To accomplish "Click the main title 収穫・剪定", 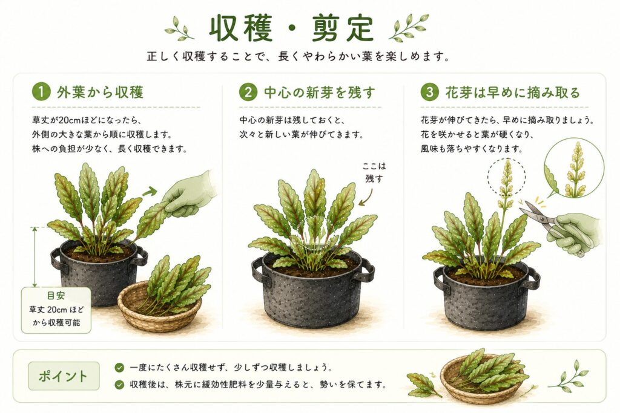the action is click(x=291, y=29).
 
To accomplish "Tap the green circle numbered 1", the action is click(x=41, y=92).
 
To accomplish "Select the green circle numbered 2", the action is click(x=248, y=92).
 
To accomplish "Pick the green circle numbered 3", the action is click(x=429, y=92).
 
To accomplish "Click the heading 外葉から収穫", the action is click(x=100, y=92).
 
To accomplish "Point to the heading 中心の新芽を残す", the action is click(x=320, y=92).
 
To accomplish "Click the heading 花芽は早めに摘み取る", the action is click(x=512, y=92).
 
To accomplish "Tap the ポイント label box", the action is click(x=64, y=376).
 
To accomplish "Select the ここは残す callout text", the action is click(x=374, y=172).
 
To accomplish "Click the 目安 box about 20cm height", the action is click(x=56, y=310).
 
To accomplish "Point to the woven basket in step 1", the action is click(x=160, y=307).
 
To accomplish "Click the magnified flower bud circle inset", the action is click(x=574, y=167).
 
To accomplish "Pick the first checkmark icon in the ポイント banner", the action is click(x=119, y=368).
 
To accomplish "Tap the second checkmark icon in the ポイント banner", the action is click(x=119, y=384).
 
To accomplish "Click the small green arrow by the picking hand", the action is click(x=150, y=192).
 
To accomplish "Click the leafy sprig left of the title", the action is click(x=179, y=28).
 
